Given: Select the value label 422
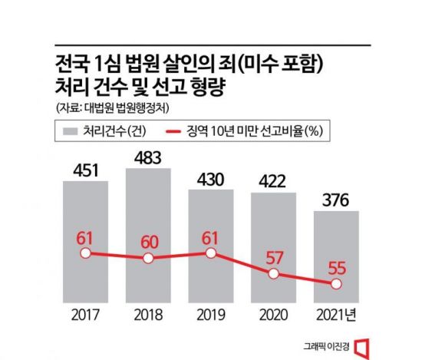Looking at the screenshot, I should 273,181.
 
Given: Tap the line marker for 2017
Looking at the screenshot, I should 85,253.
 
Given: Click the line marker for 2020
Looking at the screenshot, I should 273,272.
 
